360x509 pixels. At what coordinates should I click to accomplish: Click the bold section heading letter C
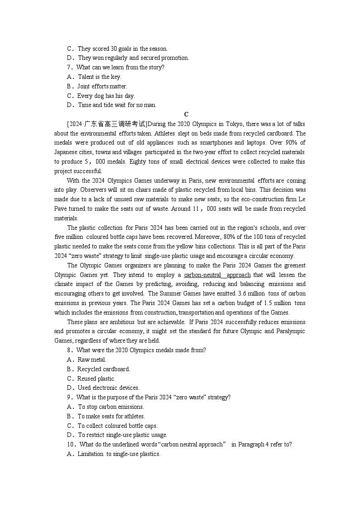point(186,115)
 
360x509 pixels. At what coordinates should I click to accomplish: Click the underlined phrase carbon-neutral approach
point(217,275)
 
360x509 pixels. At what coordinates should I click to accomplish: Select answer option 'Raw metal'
point(92,360)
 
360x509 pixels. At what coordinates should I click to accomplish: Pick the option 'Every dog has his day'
point(106,96)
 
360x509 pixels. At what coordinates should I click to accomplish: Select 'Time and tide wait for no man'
point(117,105)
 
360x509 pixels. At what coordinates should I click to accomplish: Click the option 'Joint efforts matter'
point(102,86)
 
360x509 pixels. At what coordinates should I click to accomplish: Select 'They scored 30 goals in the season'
point(122,48)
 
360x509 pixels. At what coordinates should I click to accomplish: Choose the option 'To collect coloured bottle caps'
point(117,426)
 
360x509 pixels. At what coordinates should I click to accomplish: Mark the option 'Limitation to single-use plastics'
point(119,454)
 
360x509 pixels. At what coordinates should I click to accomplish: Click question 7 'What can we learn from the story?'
point(120,68)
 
